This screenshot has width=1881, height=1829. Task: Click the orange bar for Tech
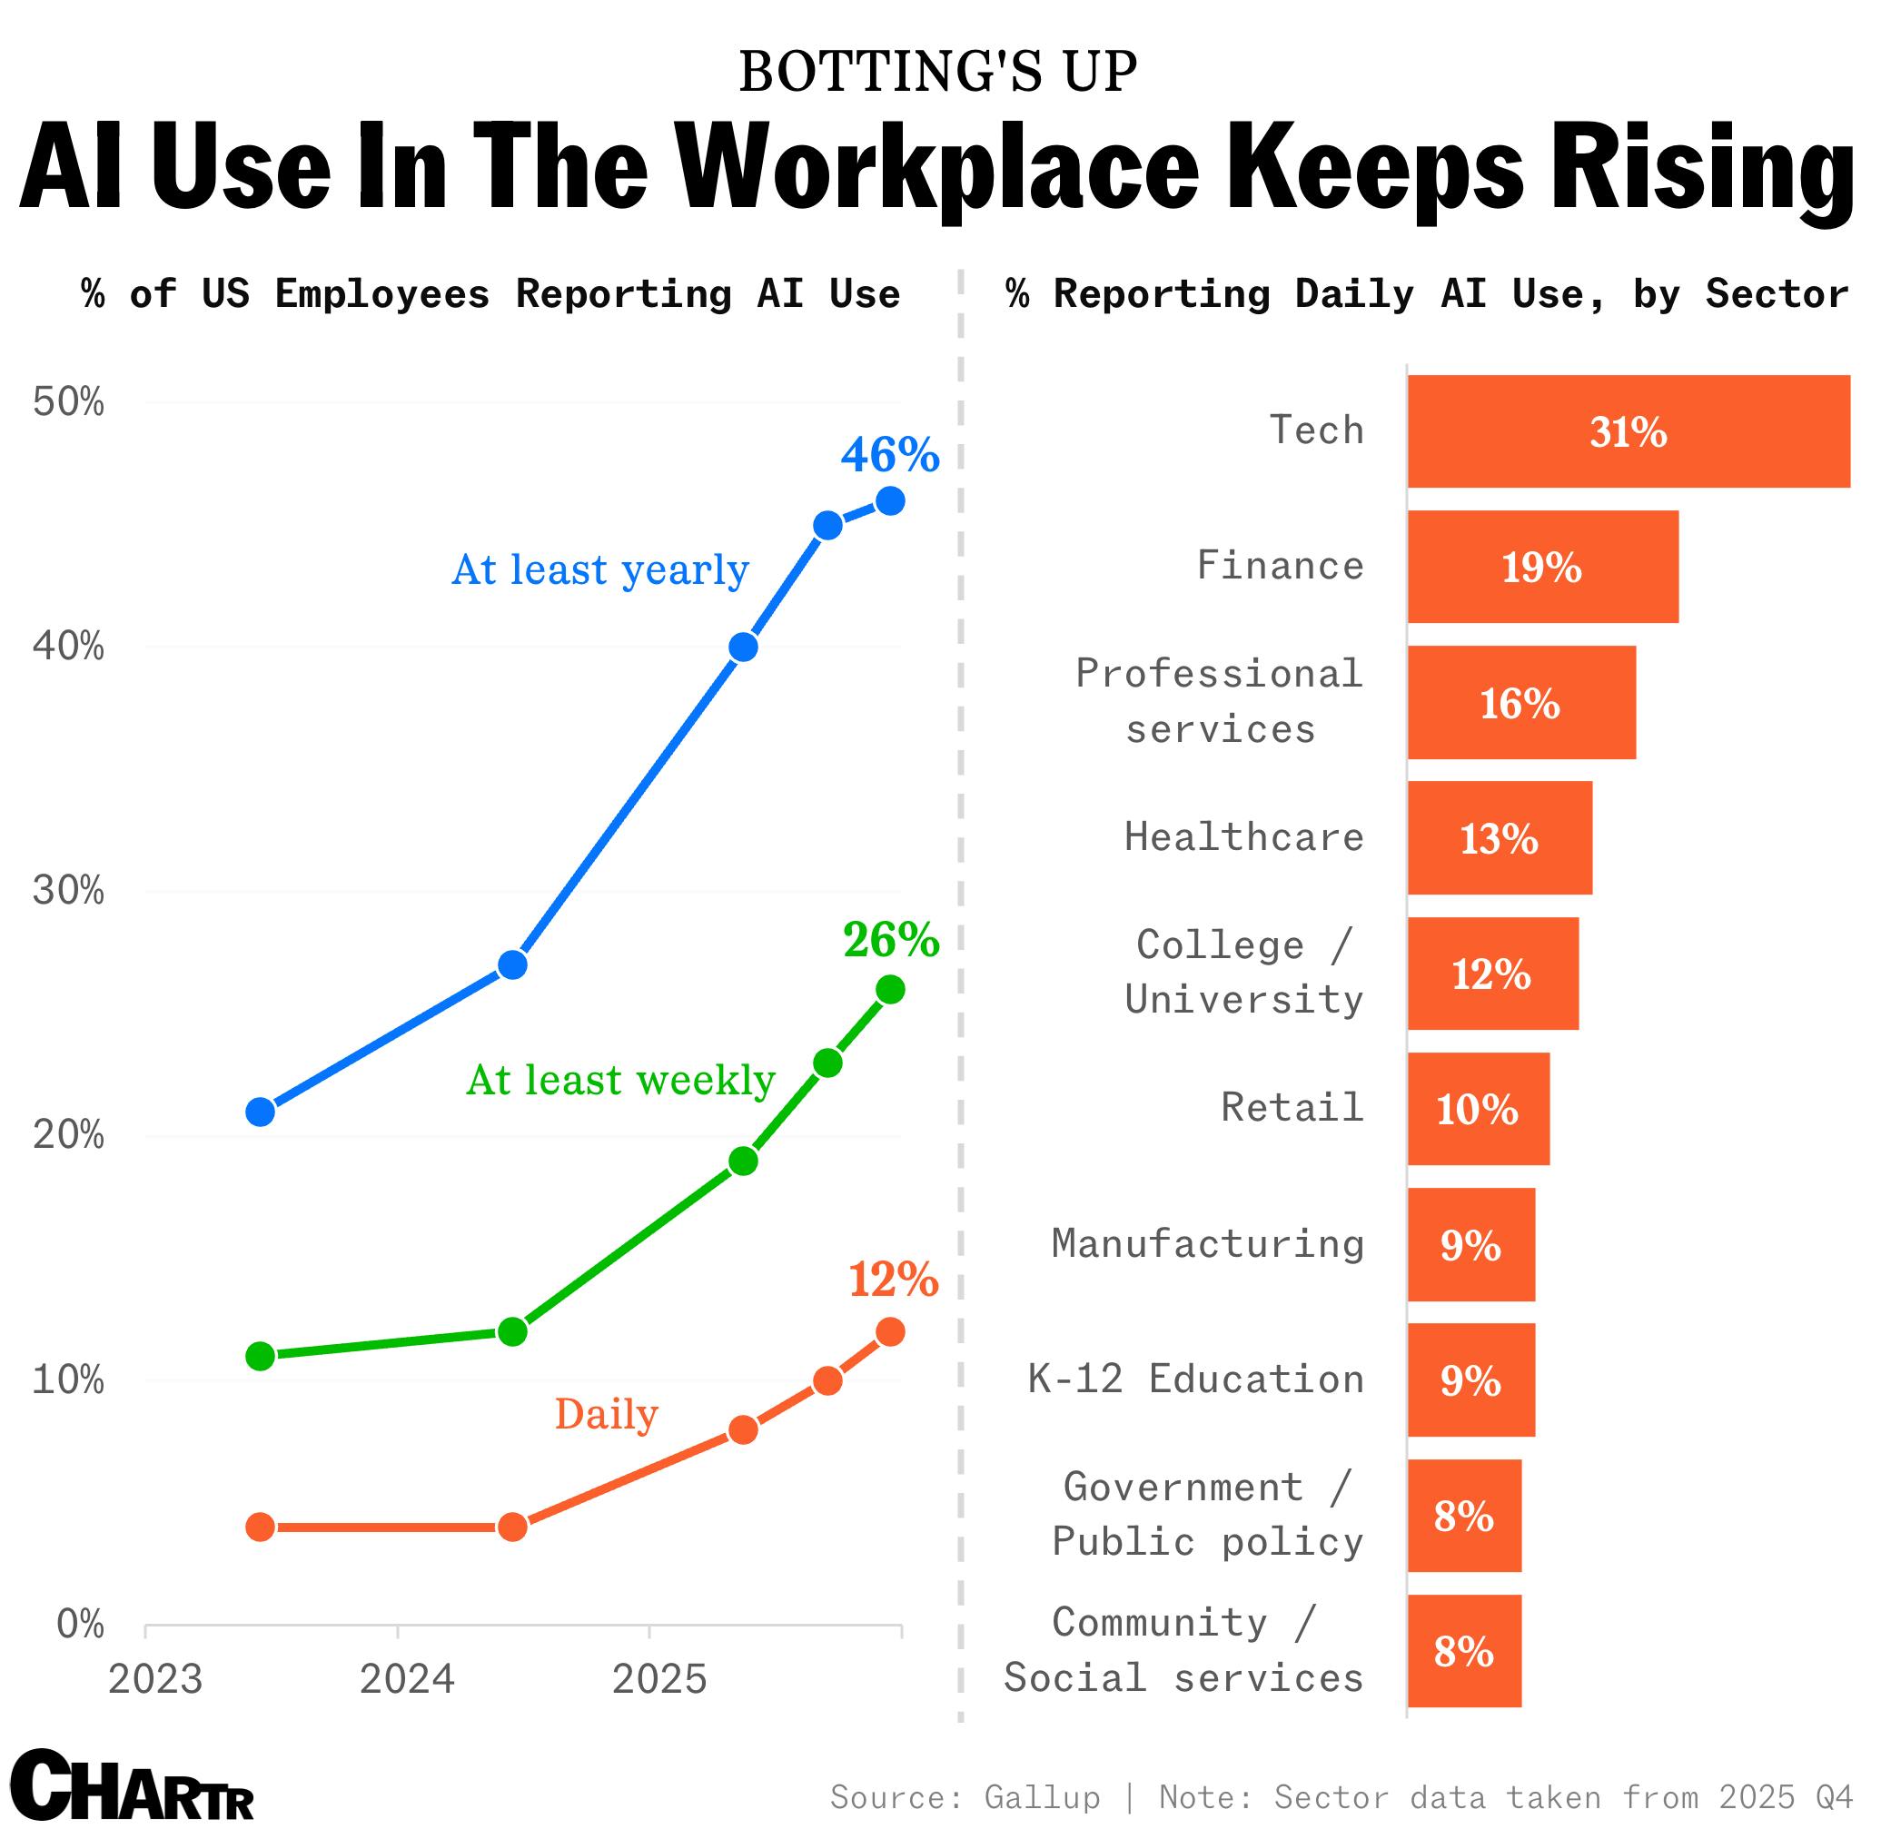[1628, 431]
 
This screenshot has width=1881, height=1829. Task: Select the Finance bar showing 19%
[1542, 567]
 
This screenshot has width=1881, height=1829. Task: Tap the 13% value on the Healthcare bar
[1499, 838]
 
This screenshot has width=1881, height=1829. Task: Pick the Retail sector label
[1292, 1108]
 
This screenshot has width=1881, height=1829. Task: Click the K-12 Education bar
[1470, 1379]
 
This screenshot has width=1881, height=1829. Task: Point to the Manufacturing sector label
[1208, 1244]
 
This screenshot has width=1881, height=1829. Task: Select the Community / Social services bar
[1464, 1651]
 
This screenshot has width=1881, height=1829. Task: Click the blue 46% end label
[889, 454]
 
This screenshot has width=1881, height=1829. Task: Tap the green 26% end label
[890, 940]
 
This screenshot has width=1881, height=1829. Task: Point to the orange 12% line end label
[893, 1280]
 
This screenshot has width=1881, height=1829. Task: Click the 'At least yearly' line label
[599, 569]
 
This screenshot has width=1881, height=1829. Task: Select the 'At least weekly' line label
[620, 1081]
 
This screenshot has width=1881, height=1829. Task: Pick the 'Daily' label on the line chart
[606, 1414]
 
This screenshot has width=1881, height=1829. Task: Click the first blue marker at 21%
[261, 1112]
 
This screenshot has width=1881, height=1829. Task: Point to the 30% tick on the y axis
[68, 891]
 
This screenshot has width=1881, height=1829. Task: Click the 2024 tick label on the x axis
[406, 1679]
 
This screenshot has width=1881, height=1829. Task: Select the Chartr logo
[132, 1785]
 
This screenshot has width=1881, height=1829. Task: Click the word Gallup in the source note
[1042, 1796]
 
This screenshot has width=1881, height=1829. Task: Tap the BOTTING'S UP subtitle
[937, 72]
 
